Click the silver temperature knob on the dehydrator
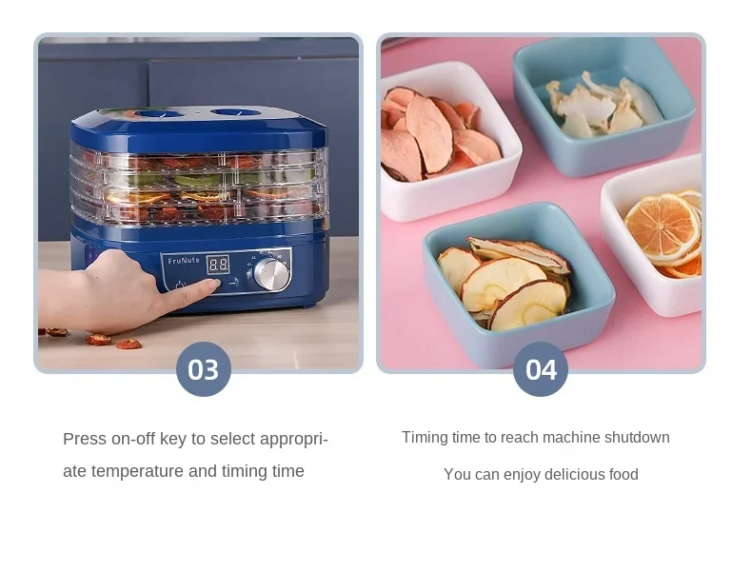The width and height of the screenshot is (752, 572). point(271,274)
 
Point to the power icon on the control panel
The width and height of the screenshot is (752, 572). point(180,284)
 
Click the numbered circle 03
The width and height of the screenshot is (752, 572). point(204,369)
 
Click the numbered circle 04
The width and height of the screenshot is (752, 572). point(541,369)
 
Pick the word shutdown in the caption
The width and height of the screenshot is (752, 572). point(634,438)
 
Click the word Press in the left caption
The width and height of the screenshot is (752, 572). point(85,439)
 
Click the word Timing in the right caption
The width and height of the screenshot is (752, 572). point(425,438)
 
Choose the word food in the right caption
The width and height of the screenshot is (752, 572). point(622,474)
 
